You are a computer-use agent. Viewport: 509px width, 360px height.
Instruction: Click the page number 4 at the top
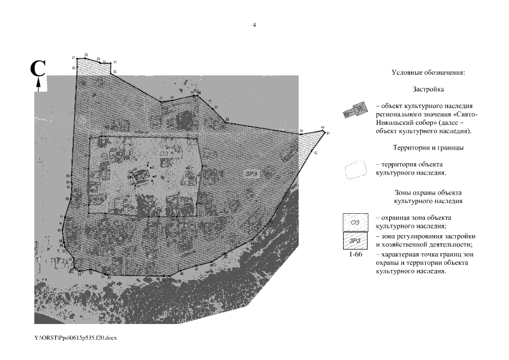click(x=254, y=25)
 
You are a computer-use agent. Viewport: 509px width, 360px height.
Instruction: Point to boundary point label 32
click(x=115, y=72)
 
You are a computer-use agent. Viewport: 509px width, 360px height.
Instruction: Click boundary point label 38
click(x=227, y=119)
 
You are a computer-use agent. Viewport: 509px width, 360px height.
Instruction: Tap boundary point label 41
click(x=327, y=133)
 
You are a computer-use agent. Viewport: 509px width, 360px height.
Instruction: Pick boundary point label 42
click(x=316, y=152)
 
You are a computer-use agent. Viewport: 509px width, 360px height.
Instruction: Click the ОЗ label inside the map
click(x=163, y=152)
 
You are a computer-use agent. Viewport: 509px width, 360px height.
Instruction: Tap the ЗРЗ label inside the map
click(x=251, y=173)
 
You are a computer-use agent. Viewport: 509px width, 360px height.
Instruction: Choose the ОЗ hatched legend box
click(x=355, y=222)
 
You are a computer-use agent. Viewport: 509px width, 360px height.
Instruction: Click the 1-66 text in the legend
click(x=355, y=255)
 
